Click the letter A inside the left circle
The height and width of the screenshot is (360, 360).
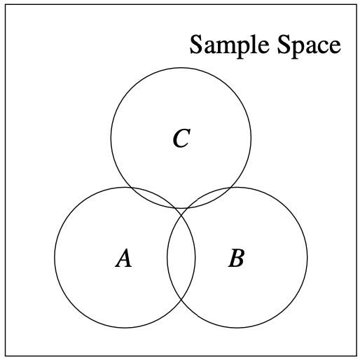tap(124, 258)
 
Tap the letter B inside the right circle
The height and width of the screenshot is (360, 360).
tap(236, 258)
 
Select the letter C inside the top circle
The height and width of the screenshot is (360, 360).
tap(181, 138)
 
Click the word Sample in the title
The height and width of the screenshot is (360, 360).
tap(229, 45)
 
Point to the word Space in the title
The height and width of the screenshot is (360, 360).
tap(309, 45)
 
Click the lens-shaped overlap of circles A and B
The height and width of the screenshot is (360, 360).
tap(181, 257)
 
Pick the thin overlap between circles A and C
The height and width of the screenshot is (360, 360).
tap(156, 197)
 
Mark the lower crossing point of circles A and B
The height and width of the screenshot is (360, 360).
tap(181, 300)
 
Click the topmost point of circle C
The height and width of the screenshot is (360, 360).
tap(181, 68)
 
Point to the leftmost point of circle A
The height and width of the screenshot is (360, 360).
tap(55, 257)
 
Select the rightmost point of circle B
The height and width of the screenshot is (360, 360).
tap(307, 257)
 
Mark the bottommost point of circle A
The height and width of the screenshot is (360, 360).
tap(125, 328)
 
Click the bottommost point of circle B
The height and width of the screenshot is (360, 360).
tap(237, 328)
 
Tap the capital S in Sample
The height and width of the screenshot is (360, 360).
tap(195, 44)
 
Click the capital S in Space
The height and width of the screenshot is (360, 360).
tap(283, 44)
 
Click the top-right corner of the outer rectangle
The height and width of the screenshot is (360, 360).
tap(356, 5)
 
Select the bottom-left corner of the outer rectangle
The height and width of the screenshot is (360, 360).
tap(6, 356)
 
